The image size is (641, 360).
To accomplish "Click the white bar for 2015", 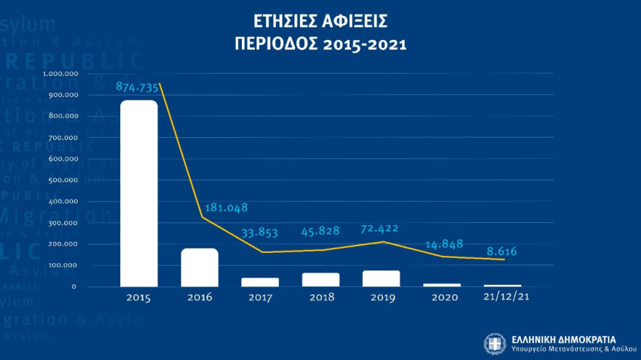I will pos(138,193).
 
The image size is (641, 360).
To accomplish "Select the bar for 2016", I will pos(200,267).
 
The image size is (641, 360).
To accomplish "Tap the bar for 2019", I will pos(382,278).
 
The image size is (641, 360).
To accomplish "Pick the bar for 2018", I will pos(321,280).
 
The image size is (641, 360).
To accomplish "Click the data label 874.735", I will pos(138,87).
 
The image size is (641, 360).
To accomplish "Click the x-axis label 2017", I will pos(260,298).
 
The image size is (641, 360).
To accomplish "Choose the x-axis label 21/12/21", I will pos(503,298).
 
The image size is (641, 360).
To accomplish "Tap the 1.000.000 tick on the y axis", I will pos(60,74).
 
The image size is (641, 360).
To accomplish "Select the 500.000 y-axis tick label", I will pos(63,180).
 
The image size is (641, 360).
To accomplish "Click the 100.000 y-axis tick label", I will pos(63,265).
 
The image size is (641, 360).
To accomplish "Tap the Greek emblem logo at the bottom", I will pos(495,343).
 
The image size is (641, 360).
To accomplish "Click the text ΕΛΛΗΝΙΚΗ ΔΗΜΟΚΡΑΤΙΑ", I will pos(563,339).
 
